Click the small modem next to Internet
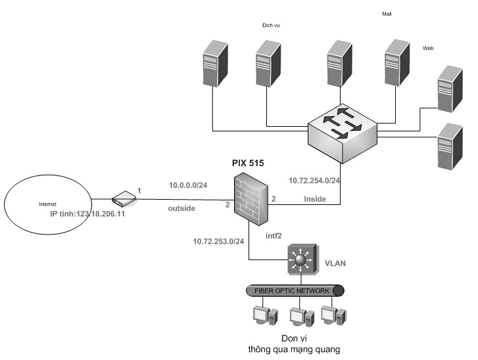123,197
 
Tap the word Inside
314,198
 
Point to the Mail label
386,13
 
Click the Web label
428,48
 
